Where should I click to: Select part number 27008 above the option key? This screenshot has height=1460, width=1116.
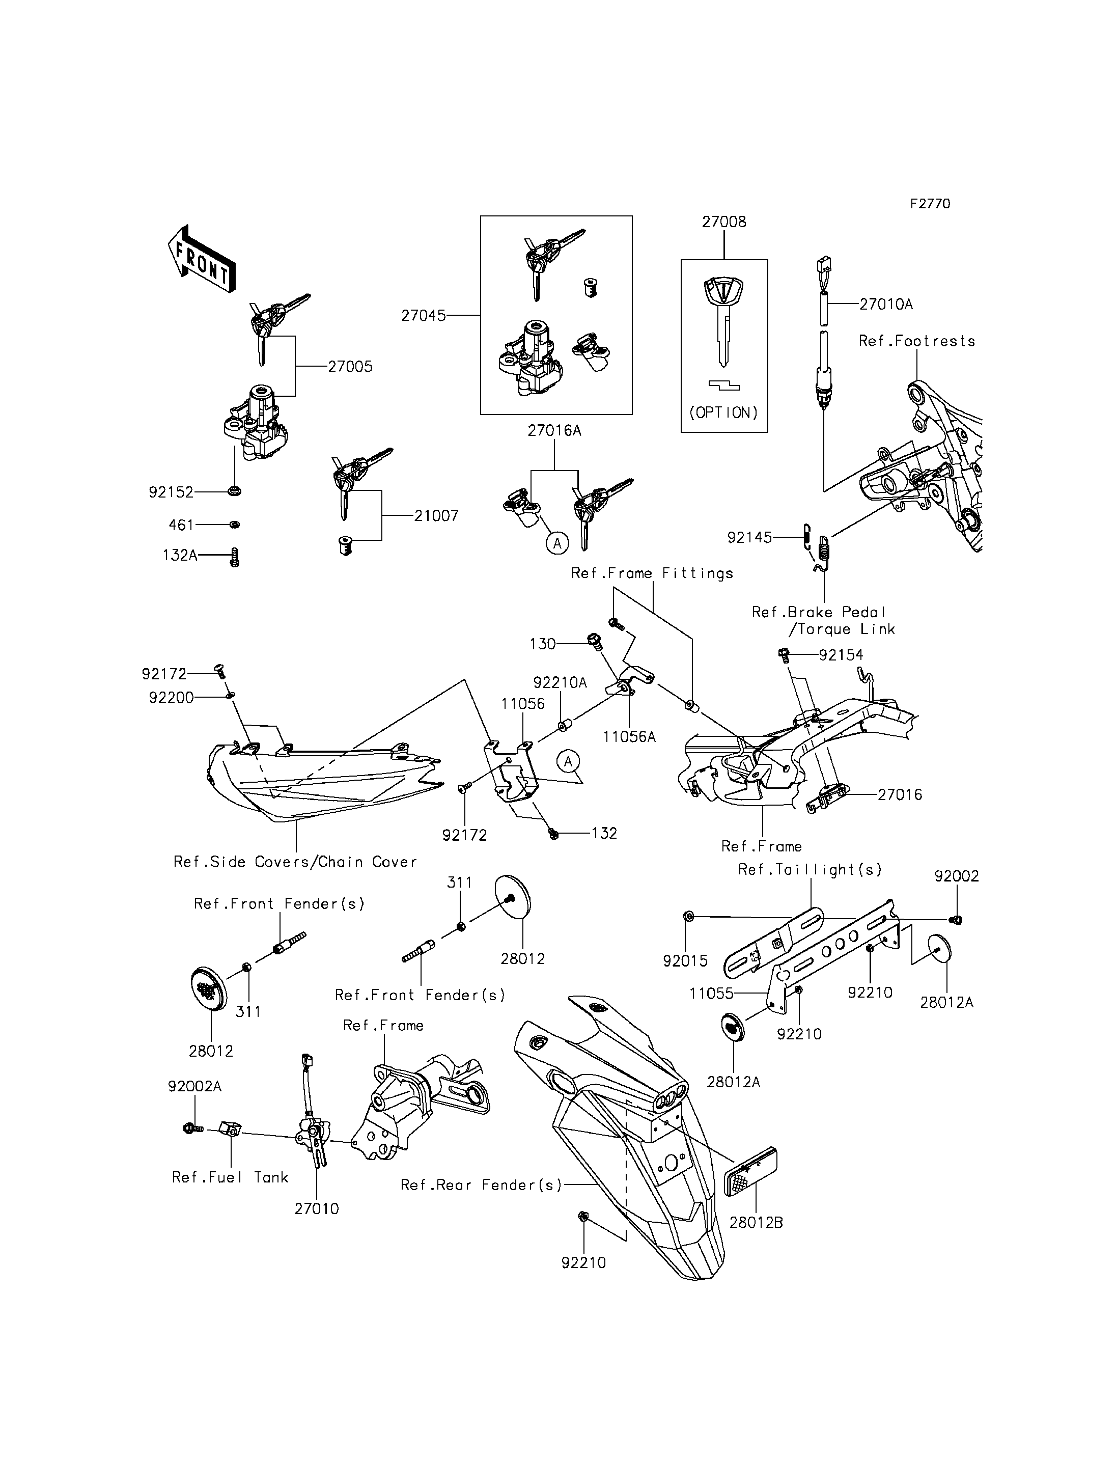click(x=723, y=222)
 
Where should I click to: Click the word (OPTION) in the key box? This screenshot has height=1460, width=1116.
click(x=723, y=412)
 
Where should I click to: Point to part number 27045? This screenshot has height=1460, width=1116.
click(x=423, y=316)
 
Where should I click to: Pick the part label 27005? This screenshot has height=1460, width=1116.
click(x=350, y=366)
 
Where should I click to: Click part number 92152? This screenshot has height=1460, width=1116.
click(x=171, y=492)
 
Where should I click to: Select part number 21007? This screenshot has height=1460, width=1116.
click(x=436, y=516)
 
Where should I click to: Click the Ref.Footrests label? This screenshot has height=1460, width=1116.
click(x=917, y=341)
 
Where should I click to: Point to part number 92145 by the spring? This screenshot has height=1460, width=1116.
click(x=749, y=537)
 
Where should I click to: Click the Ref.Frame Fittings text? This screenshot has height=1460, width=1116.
click(x=652, y=573)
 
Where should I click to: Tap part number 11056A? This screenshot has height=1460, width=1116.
click(x=629, y=736)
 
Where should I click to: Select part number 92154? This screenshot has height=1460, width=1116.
click(x=841, y=655)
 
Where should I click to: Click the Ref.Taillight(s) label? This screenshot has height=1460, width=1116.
click(x=810, y=870)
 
